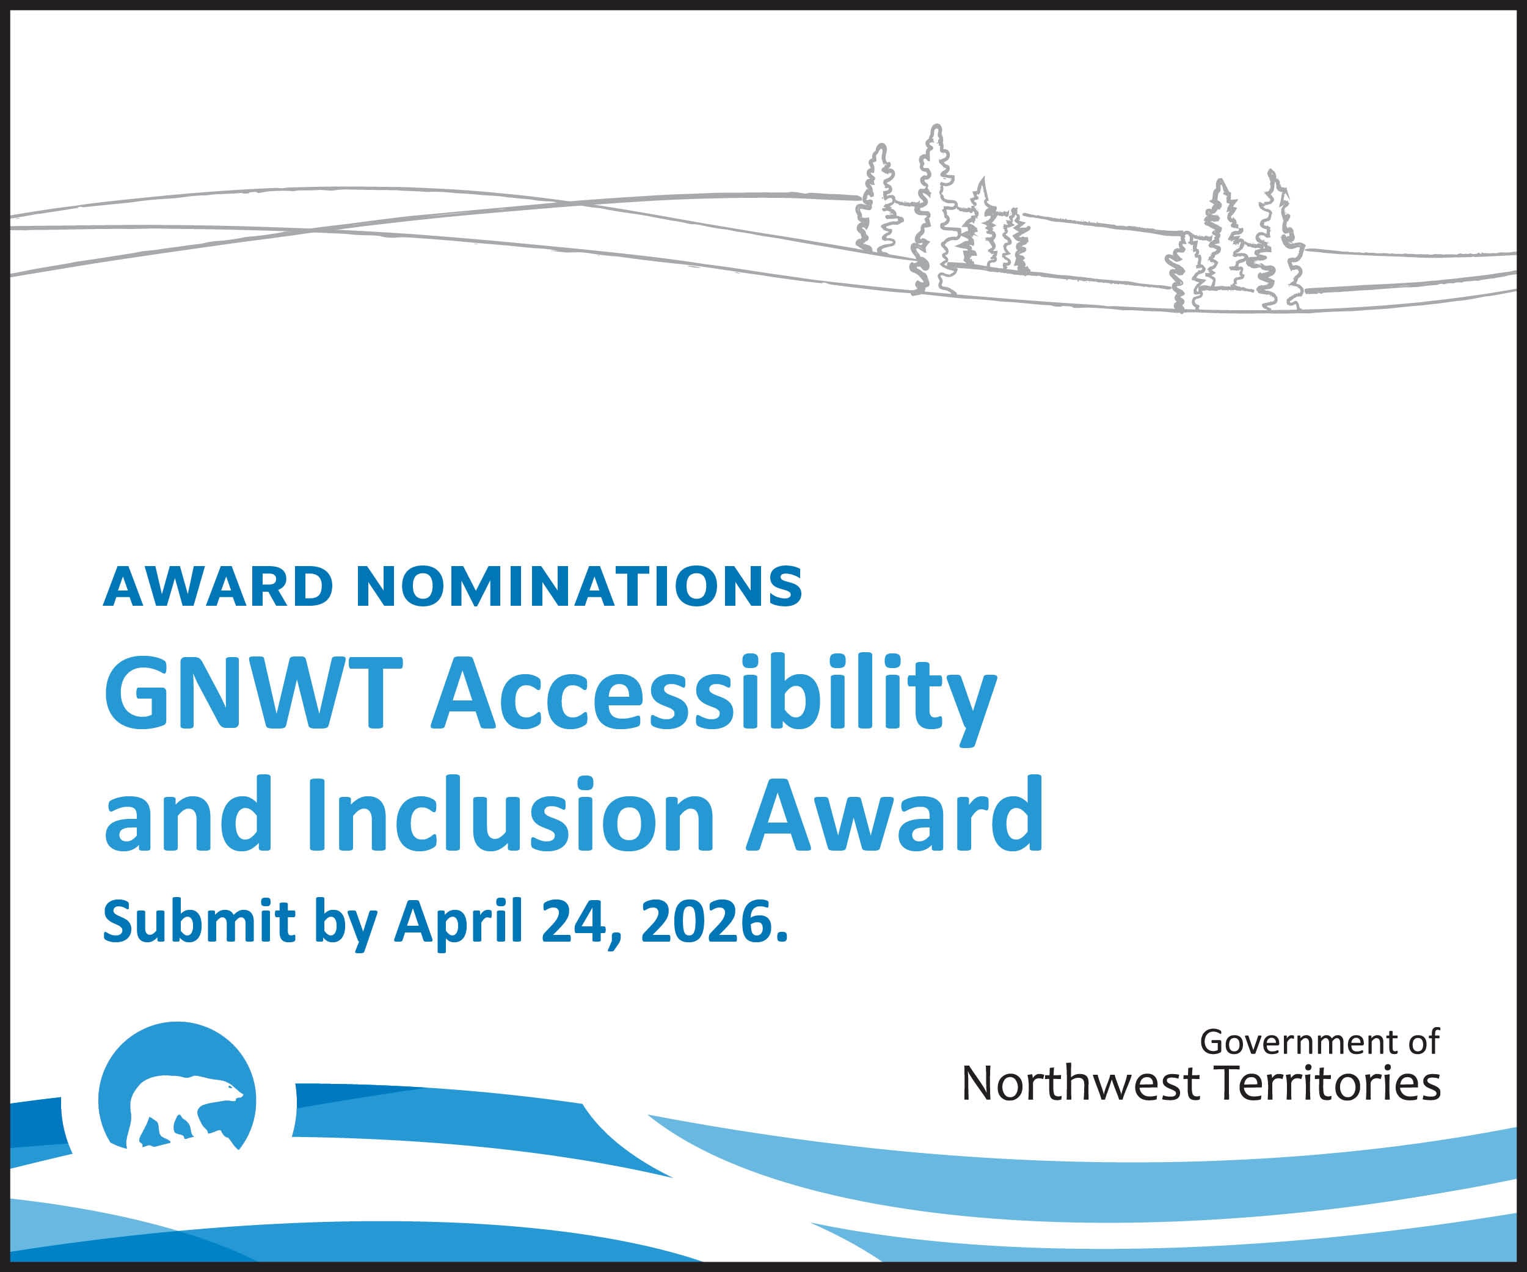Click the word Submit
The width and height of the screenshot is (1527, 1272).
click(199, 921)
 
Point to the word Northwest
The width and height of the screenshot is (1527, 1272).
click(1080, 1084)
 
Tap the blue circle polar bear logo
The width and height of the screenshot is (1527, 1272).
click(177, 1086)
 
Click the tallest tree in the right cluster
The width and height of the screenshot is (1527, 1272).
click(1278, 241)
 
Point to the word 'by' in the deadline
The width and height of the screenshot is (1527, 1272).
click(344, 925)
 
